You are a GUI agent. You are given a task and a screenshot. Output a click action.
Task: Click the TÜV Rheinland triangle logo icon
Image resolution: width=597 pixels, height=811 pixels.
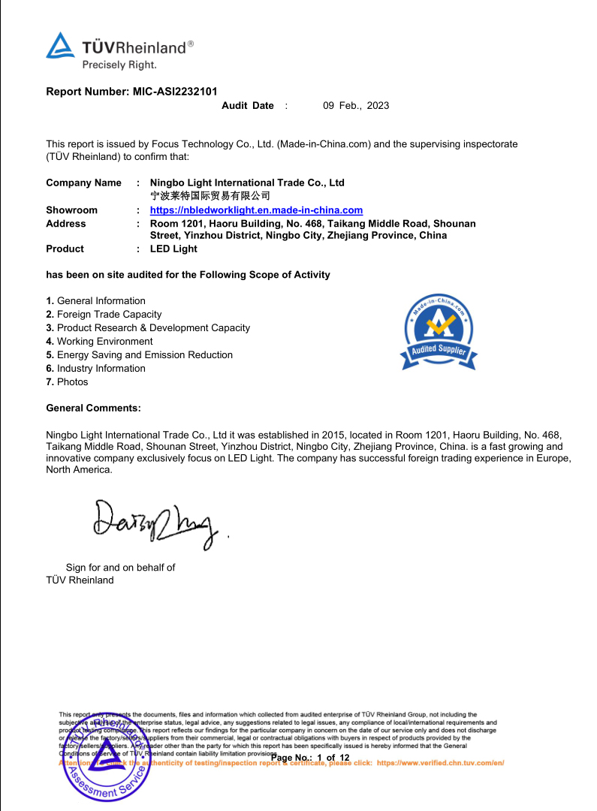click(61, 46)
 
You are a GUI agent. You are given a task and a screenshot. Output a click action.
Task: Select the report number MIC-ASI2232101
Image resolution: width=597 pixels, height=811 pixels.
click(175, 92)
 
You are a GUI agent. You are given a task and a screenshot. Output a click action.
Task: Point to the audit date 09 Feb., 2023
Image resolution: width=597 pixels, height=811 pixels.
click(356, 106)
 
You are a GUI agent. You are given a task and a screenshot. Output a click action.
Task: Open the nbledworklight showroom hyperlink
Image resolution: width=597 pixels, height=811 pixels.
click(256, 210)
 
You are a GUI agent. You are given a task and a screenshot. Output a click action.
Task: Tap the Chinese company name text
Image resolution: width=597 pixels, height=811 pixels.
click(199, 195)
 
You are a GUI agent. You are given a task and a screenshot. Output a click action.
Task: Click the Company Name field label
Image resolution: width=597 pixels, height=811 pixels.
click(83, 182)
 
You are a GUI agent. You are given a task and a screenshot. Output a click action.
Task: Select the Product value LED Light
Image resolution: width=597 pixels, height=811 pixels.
click(173, 249)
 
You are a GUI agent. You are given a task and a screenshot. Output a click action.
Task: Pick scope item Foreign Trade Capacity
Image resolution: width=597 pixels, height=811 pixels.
click(109, 315)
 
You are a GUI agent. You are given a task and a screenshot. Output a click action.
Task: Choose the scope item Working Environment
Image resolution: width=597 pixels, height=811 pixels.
click(104, 342)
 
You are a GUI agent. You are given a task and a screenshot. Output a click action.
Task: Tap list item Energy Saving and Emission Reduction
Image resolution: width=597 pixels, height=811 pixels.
click(144, 355)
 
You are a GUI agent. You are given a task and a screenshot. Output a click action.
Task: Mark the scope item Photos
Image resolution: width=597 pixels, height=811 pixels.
click(72, 382)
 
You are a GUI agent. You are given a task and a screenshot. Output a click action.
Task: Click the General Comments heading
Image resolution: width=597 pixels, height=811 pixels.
click(93, 409)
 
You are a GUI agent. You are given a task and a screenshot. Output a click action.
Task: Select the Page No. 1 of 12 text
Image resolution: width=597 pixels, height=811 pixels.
click(310, 758)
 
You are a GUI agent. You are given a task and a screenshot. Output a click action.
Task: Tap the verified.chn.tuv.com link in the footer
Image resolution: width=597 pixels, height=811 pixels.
click(440, 763)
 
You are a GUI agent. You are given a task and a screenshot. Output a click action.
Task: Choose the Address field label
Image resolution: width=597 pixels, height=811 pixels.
click(66, 224)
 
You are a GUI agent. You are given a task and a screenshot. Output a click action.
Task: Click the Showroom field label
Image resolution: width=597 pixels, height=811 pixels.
click(71, 210)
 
